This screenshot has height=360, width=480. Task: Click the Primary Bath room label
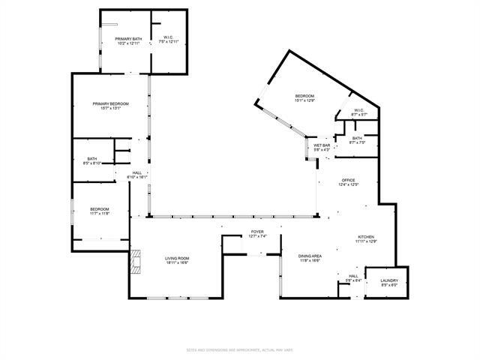(128, 39)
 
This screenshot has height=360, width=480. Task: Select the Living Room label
(178, 258)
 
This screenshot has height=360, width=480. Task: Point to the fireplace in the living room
(135, 262)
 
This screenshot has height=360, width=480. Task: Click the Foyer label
(257, 232)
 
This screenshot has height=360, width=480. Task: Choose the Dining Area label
(310, 256)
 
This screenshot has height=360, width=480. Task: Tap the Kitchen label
(366, 237)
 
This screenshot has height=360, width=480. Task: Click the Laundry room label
(388, 281)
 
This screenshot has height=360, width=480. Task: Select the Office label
(348, 180)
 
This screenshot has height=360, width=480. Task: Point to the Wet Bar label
(322, 145)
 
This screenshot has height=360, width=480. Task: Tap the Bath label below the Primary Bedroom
(91, 158)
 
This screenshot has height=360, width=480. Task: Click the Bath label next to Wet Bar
(357, 138)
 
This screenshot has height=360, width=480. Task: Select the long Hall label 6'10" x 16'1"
(137, 172)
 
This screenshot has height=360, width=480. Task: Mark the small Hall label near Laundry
(354, 276)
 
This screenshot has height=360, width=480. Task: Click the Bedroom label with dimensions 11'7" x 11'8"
(100, 209)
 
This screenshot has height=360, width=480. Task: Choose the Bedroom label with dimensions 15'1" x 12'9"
(304, 96)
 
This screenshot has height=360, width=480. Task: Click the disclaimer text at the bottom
(240, 350)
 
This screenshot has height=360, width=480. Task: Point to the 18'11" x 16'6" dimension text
(178, 262)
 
